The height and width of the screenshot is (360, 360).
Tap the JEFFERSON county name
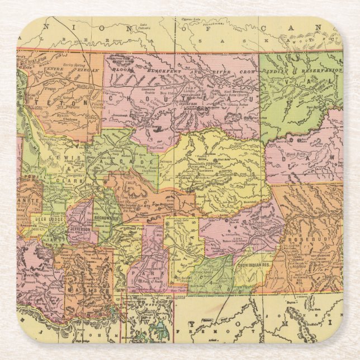point(79,230)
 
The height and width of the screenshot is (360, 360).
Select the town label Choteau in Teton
point(69,119)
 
